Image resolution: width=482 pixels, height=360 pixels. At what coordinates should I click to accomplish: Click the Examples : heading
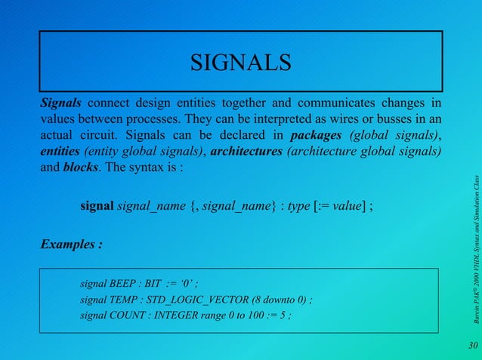coord(71,245)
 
